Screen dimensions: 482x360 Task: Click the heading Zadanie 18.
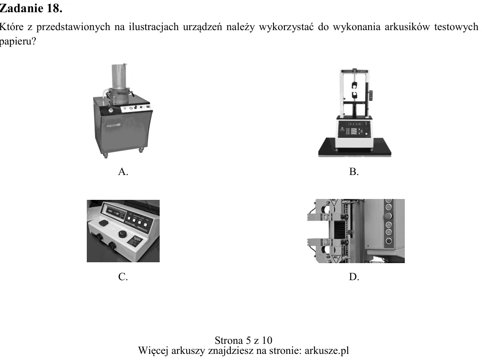(31, 8)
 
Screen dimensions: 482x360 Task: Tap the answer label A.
(123, 171)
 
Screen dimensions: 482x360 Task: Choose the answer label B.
(354, 171)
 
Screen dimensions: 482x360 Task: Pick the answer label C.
(123, 277)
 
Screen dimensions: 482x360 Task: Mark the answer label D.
(354, 277)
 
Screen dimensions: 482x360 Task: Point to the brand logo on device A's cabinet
(113, 125)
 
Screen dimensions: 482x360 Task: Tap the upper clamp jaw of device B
(355, 84)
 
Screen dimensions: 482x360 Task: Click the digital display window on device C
(113, 212)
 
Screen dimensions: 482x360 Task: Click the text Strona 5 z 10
(243, 340)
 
